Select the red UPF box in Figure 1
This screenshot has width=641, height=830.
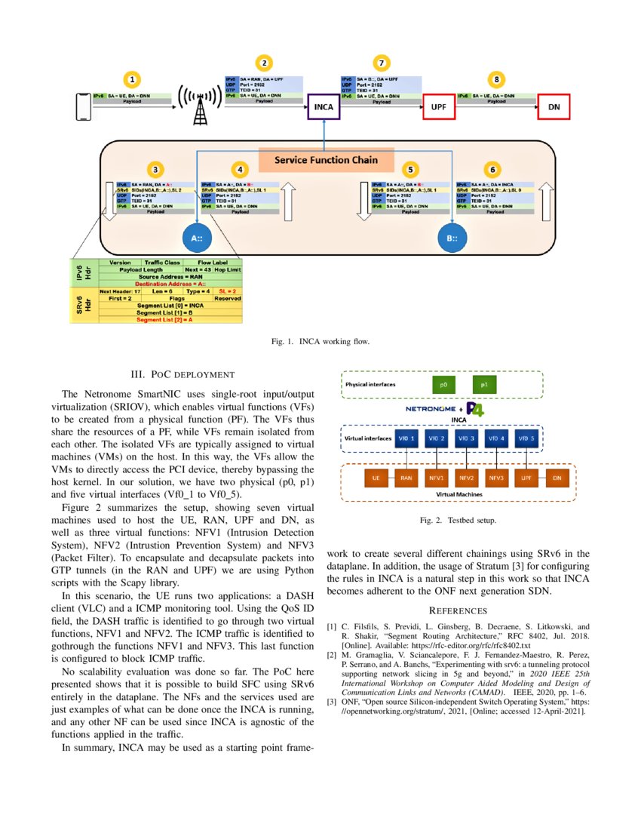[x=438, y=107]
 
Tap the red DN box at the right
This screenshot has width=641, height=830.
[x=554, y=107]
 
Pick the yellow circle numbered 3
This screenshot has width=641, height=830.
[x=154, y=170]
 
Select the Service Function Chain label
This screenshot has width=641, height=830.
[x=326, y=160]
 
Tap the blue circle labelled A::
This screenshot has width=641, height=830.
[x=198, y=239]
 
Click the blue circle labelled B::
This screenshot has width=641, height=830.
[x=451, y=239]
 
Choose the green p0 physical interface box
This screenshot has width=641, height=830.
[x=444, y=386]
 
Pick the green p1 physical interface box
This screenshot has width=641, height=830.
[x=484, y=386]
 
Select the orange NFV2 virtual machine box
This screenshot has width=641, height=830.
[x=468, y=478]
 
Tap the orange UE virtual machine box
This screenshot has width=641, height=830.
[x=375, y=478]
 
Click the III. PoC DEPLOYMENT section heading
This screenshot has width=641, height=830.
[x=184, y=374]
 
